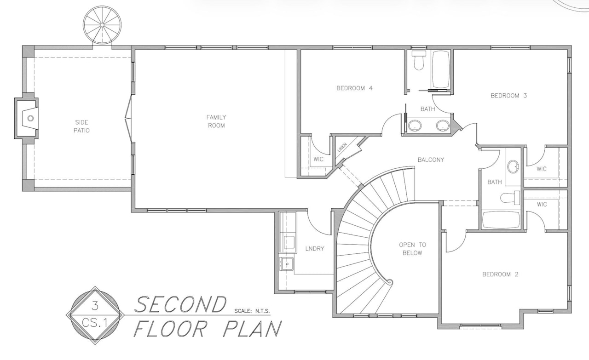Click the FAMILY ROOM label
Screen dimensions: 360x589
216,121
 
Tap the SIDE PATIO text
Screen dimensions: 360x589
81,126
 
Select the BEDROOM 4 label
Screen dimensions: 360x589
354,88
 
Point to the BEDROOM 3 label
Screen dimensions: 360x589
508,96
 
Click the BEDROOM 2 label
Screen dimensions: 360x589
500,274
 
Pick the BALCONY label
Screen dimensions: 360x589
431,160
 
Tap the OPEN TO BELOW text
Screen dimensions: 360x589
412,249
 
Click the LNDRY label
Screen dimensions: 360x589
314,249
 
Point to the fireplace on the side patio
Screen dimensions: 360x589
29,118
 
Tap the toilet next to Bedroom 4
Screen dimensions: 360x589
418,60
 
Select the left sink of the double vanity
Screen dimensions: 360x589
416,125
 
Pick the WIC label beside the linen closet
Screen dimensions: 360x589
318,160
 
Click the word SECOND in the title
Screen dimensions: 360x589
181,304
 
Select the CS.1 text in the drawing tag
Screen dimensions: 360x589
95,322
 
